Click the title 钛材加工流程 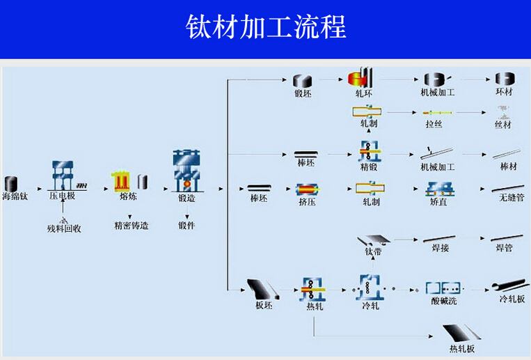266,28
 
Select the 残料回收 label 64,228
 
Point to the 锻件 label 187,225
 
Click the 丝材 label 503,125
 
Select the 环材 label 504,92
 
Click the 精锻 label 369,167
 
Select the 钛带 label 374,251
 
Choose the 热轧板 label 462,347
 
